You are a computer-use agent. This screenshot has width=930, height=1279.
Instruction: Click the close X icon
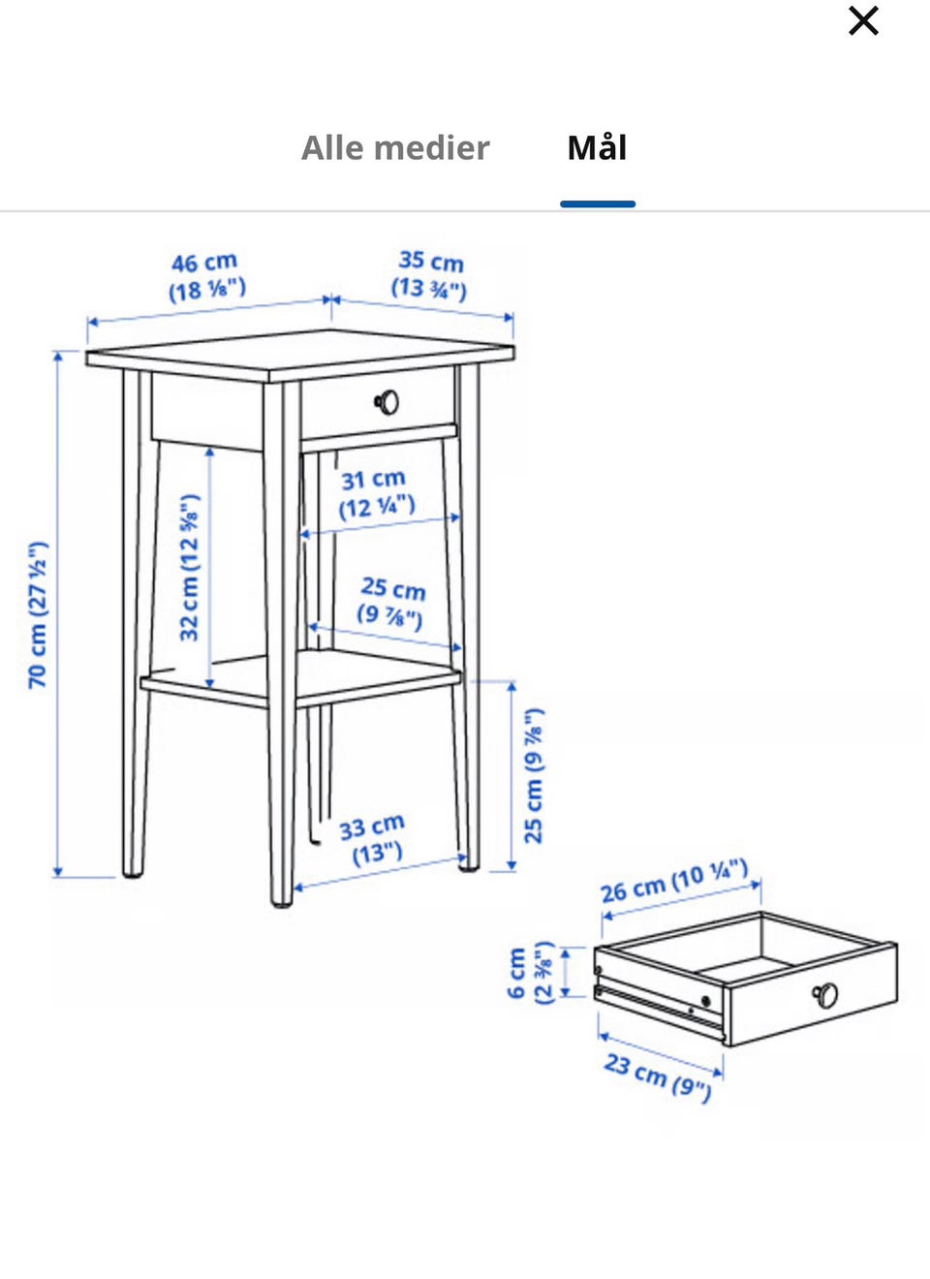863,21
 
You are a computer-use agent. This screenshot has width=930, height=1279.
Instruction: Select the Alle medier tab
395,148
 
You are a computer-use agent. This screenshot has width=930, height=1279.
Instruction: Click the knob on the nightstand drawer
387,402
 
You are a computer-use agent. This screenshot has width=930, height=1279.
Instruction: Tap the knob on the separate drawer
825,995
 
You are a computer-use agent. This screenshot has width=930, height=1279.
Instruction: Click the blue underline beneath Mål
597,203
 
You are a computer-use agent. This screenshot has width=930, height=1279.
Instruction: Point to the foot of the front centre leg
282,903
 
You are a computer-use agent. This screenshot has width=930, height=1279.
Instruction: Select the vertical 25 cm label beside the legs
534,776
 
